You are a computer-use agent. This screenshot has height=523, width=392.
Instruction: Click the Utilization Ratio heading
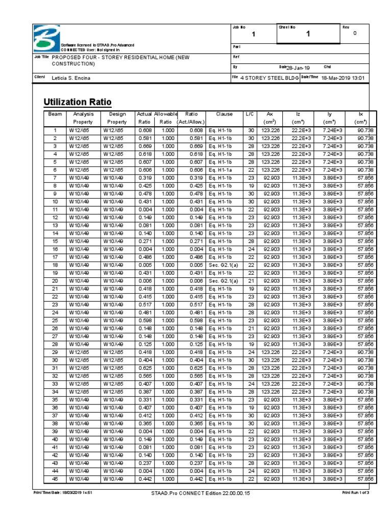click(78, 102)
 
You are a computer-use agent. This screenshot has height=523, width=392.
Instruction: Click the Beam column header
click(55, 114)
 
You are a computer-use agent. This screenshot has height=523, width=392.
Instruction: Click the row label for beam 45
click(55, 479)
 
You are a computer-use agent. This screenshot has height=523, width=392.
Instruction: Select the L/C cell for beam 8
click(250, 186)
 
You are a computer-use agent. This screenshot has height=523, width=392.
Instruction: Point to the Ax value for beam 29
click(271, 352)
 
